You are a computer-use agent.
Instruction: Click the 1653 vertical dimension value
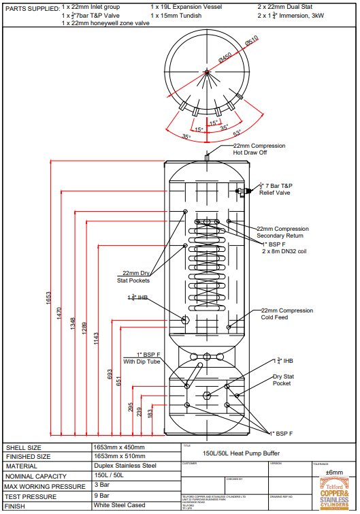click(x=48, y=298)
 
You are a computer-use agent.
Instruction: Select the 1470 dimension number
click(x=59, y=315)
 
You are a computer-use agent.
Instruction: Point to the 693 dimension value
click(x=110, y=374)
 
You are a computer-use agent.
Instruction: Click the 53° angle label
click(x=237, y=133)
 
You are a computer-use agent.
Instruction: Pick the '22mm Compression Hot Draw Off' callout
click(x=259, y=149)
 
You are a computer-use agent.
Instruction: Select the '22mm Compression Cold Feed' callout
click(x=287, y=314)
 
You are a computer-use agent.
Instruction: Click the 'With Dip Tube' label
click(x=141, y=362)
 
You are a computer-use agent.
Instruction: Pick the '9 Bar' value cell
click(x=102, y=496)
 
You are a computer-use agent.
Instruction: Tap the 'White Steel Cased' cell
click(x=120, y=506)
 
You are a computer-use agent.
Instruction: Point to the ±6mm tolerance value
click(x=333, y=472)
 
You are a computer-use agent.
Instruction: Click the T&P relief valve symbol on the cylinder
click(x=240, y=192)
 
